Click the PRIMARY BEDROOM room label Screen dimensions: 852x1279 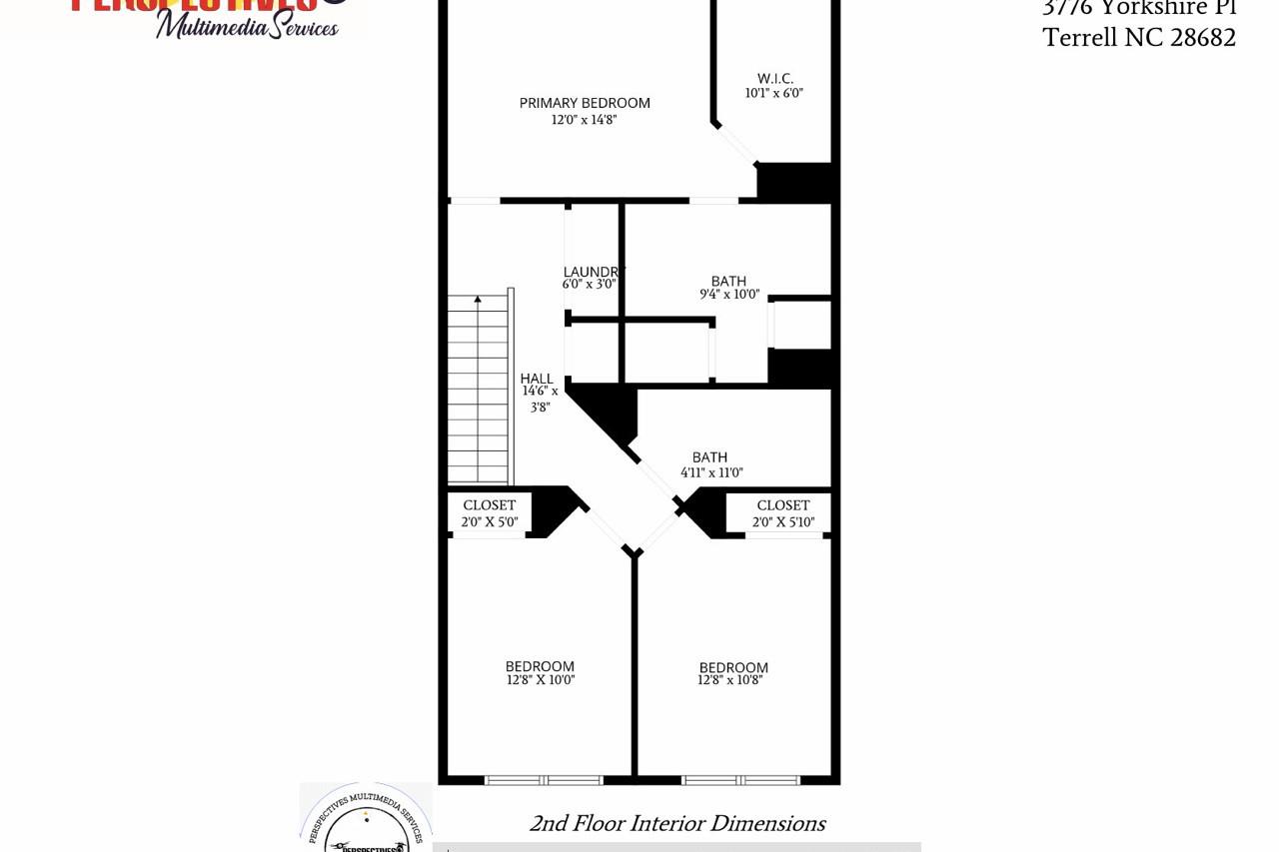click(585, 103)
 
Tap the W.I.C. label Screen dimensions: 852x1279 click(774, 79)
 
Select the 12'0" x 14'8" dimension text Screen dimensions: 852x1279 click(585, 120)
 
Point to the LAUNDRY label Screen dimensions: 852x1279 click(593, 272)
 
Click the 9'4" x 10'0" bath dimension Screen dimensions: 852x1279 click(729, 295)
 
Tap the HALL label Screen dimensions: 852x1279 click(537, 379)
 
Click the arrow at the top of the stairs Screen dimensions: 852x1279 click(478, 299)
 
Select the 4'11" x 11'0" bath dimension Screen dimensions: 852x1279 click(711, 473)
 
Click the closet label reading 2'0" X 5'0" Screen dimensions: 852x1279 click(490, 521)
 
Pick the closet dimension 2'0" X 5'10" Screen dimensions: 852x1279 click(783, 521)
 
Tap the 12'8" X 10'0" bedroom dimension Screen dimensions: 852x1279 click(541, 680)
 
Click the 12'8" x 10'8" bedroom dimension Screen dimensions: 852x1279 click(730, 680)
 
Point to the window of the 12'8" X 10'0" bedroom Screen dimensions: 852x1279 click(544, 780)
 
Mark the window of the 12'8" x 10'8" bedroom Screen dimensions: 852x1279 click(740, 780)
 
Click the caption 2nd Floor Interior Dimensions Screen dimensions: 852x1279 click(676, 823)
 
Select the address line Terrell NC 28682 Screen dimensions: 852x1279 click(1139, 38)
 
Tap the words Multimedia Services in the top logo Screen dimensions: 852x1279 click(247, 25)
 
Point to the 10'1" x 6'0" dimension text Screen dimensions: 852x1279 click(774, 94)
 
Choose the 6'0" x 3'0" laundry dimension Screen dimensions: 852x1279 click(589, 285)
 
